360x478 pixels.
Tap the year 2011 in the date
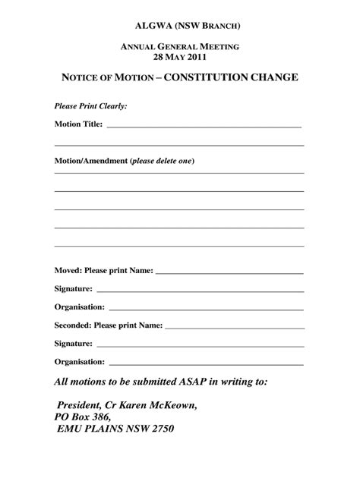[x=195, y=56]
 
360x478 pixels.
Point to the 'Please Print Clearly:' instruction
[x=90, y=106]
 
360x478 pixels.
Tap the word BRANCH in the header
[x=215, y=24]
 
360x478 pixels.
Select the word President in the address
[x=81, y=405]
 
